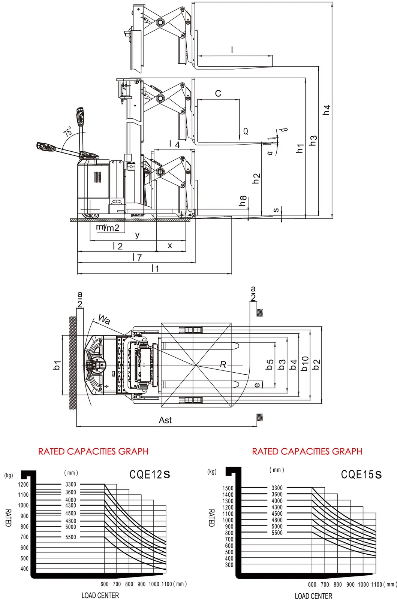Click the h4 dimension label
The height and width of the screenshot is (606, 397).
point(327,110)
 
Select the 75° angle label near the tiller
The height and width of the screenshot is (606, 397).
point(68,131)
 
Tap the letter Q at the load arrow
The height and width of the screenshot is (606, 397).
point(246,131)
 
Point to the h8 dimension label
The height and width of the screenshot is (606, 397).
point(243,201)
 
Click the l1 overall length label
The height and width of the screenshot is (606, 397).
point(155,269)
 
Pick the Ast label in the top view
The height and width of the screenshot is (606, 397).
point(165,420)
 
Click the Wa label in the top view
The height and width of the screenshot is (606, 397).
point(104,319)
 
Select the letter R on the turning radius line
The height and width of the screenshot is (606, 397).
point(223,364)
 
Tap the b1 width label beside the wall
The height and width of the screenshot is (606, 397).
point(57,365)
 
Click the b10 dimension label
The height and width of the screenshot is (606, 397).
point(305,364)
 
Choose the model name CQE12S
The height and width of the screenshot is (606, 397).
point(150,475)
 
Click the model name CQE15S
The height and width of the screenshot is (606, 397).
point(361,475)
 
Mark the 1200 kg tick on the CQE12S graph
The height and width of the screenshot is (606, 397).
point(23,485)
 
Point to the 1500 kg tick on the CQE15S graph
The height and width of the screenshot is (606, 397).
point(228,488)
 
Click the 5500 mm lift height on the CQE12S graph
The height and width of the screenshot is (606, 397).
point(70,537)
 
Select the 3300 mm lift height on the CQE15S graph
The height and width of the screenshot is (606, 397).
point(277,488)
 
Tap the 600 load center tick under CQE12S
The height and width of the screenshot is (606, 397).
point(105,584)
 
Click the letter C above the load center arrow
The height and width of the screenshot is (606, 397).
point(218,94)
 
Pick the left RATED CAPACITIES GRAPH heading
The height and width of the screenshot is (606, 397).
point(93,451)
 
